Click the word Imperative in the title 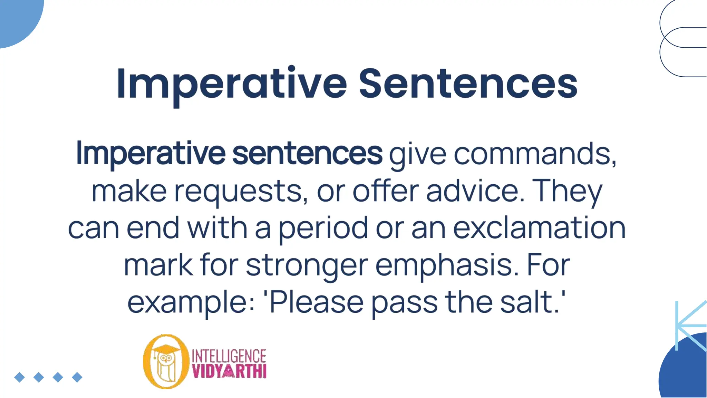point(231,84)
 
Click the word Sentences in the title point(468,84)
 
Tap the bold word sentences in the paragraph point(307,154)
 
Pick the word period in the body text point(323,228)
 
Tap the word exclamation point(539,228)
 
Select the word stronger point(307,266)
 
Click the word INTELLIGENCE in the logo point(229,356)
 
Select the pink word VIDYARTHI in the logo point(229,372)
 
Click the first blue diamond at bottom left point(20,377)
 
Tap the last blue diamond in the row point(77,377)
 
